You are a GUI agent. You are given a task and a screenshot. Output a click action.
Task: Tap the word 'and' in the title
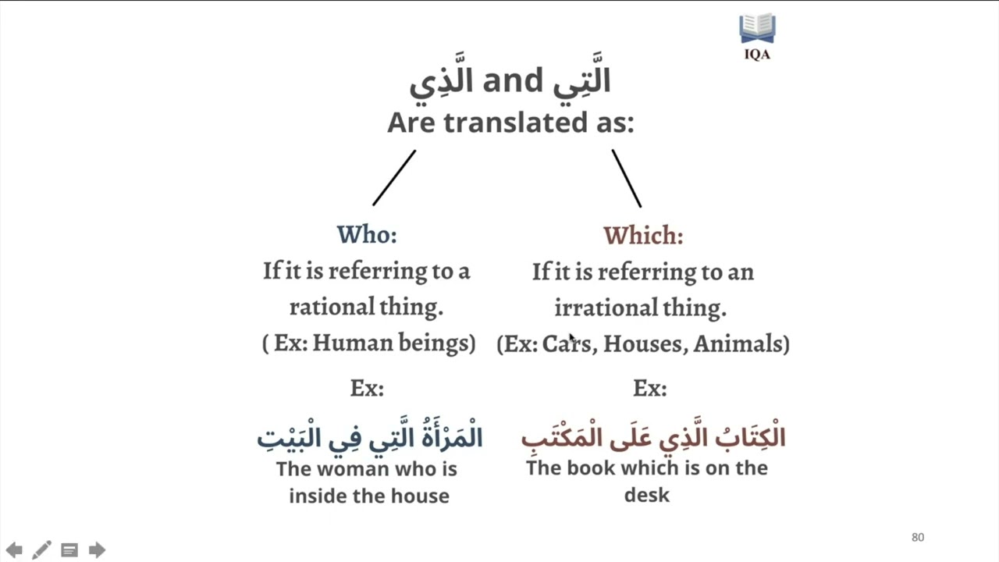point(512,80)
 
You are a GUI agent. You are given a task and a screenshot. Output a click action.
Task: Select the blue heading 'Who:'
point(367,234)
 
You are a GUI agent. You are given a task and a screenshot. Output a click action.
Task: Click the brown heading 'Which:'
point(643,235)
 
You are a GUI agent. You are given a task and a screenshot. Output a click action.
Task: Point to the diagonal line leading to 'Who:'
point(394,178)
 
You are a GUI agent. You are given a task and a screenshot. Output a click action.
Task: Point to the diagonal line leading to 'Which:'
point(627,179)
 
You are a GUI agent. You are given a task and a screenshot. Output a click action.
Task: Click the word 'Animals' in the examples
point(738,343)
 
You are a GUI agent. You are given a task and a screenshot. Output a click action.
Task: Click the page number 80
point(918,537)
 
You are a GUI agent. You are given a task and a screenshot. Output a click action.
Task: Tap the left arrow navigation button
point(14,550)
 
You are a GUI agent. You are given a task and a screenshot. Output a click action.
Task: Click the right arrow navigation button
point(97,550)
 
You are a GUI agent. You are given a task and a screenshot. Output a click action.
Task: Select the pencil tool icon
point(41,550)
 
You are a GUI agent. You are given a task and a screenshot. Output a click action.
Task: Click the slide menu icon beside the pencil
point(69,550)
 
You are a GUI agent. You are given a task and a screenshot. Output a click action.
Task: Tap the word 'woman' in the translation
point(348,469)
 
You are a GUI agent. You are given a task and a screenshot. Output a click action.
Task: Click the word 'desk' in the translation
point(647,495)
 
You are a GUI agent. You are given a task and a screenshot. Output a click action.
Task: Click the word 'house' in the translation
point(421,496)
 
